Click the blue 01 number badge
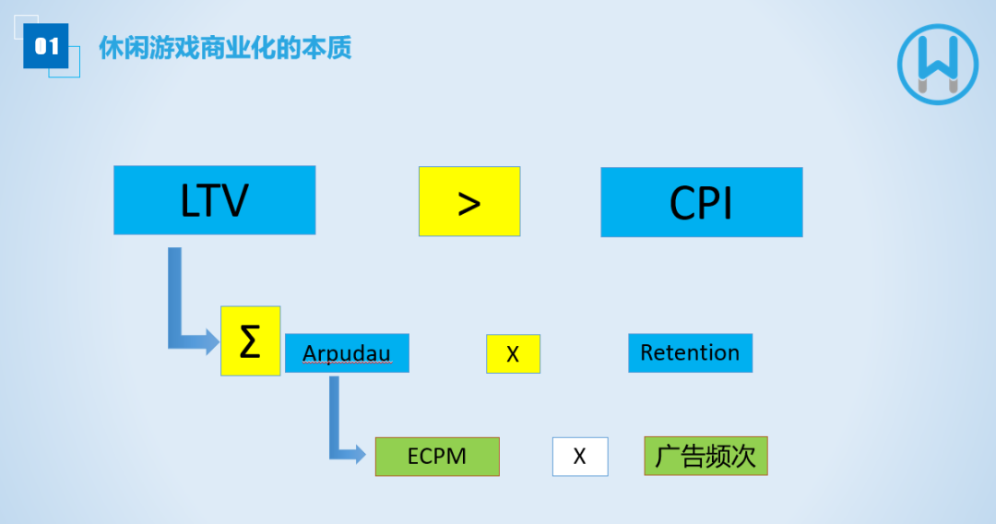pyautogui.click(x=46, y=46)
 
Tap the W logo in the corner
pyautogui.click(x=937, y=64)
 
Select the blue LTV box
pyautogui.click(x=214, y=200)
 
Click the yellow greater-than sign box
pyautogui.click(x=469, y=201)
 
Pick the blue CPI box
pyautogui.click(x=701, y=202)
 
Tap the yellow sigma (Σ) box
pyautogui.click(x=250, y=340)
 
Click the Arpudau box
pyautogui.click(x=347, y=353)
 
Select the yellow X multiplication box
pyautogui.click(x=513, y=353)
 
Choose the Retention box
pyautogui.click(x=690, y=353)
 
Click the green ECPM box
pyautogui.click(x=437, y=457)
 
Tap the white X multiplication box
pyautogui.click(x=580, y=457)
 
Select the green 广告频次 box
pyautogui.click(x=705, y=457)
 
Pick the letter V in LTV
pyautogui.click(x=236, y=200)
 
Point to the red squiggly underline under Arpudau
pyautogui.click(x=347, y=364)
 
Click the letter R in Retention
pyautogui.click(x=646, y=353)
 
